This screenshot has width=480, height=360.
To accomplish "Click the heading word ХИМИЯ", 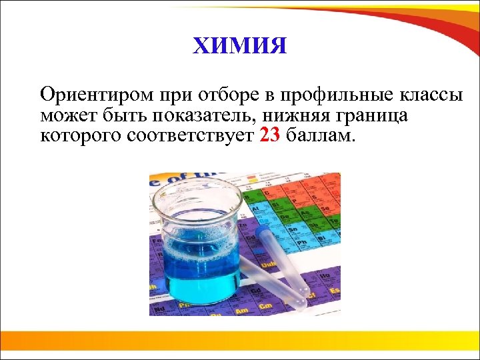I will (239, 47).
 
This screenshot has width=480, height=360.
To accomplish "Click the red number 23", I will (271, 137).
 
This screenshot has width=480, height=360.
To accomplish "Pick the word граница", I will (375, 116).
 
